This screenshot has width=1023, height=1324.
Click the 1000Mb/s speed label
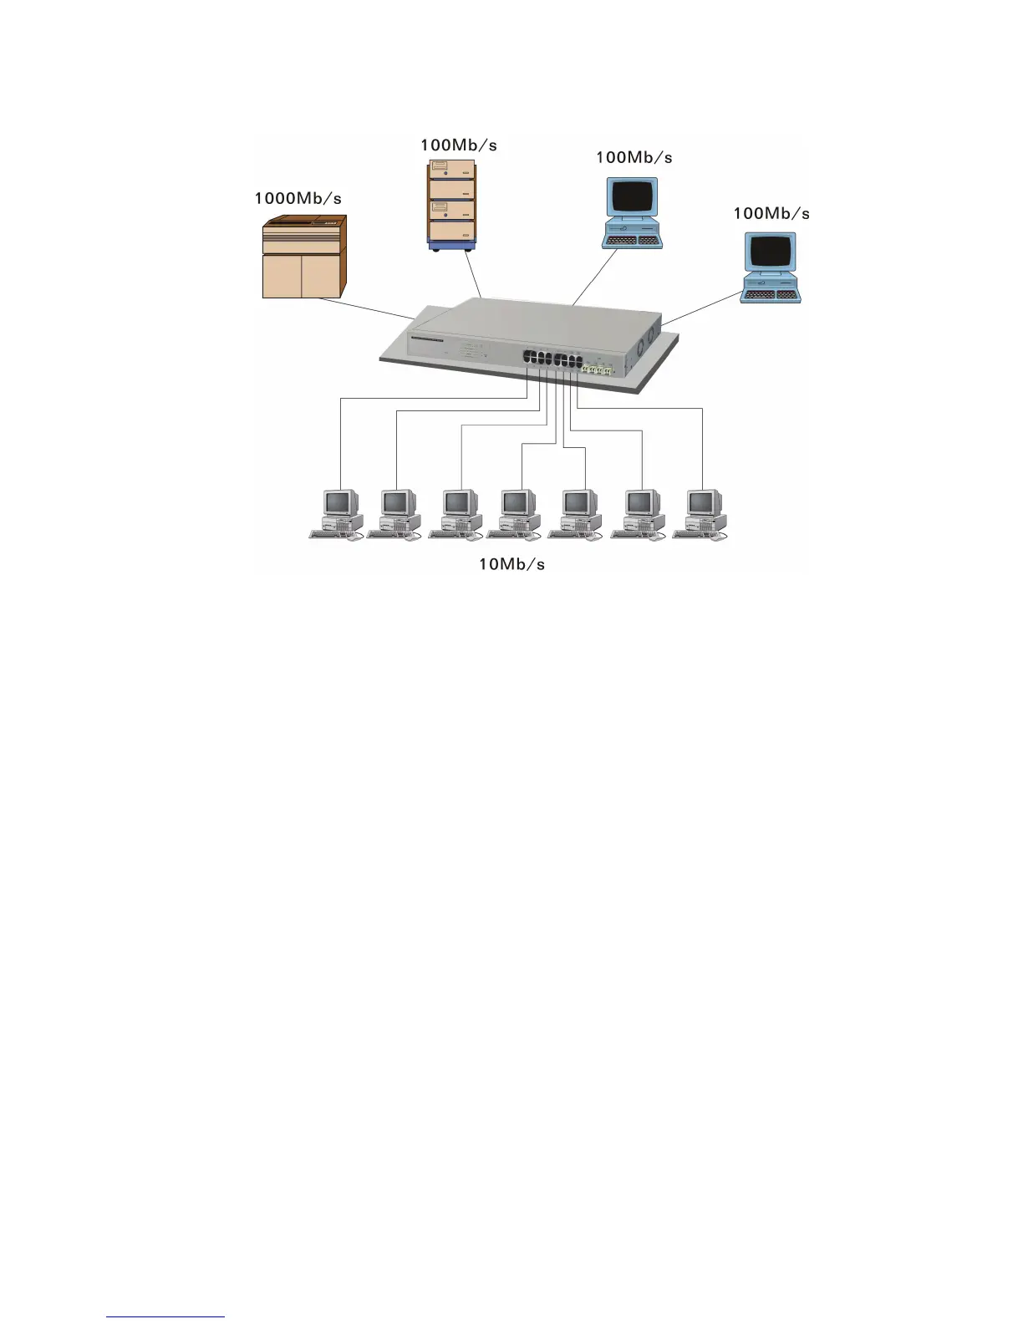[298, 199]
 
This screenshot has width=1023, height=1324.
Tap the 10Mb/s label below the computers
[511, 564]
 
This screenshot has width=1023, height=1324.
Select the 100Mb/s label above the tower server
[458, 145]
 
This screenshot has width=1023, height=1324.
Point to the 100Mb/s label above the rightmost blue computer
[771, 213]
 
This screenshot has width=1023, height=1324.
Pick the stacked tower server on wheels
[451, 205]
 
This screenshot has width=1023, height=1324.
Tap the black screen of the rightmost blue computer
[770, 251]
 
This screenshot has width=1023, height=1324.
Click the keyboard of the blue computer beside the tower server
[632, 241]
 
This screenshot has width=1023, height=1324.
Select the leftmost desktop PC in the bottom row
[337, 514]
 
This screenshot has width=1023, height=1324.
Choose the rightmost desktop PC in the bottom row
[700, 514]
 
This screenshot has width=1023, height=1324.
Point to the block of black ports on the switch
[552, 360]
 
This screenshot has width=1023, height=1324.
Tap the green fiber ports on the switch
[598, 368]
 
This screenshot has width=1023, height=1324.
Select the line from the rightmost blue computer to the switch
[702, 306]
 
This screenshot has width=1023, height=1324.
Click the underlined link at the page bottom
[165, 1316]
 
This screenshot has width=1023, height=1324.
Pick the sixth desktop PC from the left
[639, 514]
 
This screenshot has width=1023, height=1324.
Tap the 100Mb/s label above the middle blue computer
[634, 158]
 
